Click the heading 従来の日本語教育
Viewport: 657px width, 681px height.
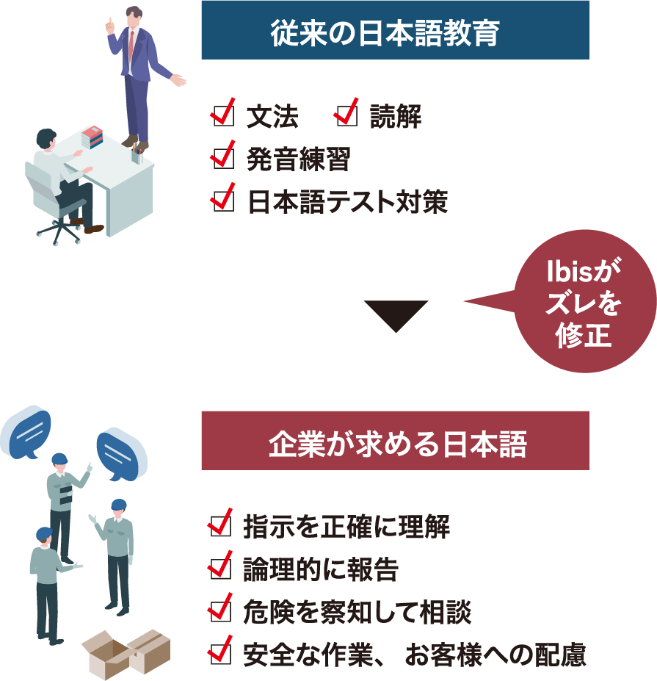click(x=395, y=32)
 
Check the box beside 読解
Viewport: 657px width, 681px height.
click(x=344, y=115)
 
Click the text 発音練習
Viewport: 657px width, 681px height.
click(x=298, y=158)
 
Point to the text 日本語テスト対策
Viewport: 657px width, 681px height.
click(x=346, y=201)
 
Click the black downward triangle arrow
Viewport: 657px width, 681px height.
click(x=396, y=314)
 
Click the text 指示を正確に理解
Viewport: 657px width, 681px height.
click(x=346, y=527)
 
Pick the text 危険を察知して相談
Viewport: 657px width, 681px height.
click(x=357, y=611)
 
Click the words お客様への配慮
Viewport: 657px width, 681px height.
click(x=496, y=654)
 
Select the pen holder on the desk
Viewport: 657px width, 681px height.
click(x=137, y=155)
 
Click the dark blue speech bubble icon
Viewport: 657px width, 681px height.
click(x=118, y=455)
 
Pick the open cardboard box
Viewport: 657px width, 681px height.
click(x=108, y=656)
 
